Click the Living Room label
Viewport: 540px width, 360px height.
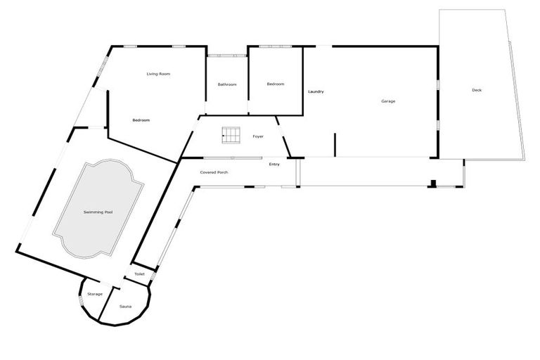point(158,74)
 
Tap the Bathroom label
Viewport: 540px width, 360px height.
point(227,84)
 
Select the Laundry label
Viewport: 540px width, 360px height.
point(315,92)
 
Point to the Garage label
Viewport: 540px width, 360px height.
point(388,101)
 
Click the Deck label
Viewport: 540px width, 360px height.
point(477,90)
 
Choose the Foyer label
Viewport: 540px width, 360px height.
point(258,136)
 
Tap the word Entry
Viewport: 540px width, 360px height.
point(274,164)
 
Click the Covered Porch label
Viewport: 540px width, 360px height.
point(214,172)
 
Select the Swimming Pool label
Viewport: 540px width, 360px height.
point(98,212)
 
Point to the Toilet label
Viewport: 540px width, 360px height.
point(139,274)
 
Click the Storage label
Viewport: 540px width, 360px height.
point(95,294)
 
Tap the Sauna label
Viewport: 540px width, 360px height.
point(126,307)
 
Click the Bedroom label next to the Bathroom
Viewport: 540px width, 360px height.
point(275,84)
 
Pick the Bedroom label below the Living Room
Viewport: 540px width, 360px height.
point(141,120)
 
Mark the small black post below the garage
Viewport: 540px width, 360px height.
point(434,185)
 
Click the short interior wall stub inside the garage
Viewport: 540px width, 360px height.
point(335,144)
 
